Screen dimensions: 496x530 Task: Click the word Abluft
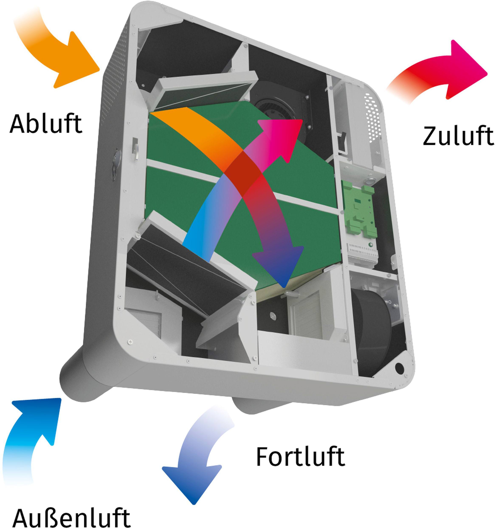click(46, 124)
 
